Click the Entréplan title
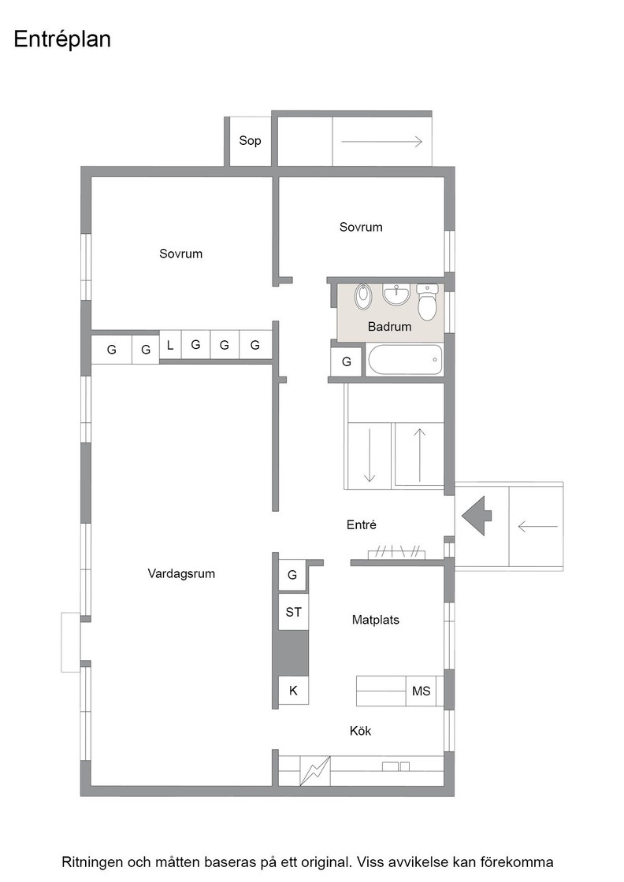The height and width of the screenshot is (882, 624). [62, 39]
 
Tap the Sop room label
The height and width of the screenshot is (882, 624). [250, 141]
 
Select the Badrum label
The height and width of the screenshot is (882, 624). [389, 326]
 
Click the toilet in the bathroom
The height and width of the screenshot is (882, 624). [427, 302]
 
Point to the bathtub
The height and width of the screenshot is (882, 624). [404, 360]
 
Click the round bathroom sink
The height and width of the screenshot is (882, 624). [396, 295]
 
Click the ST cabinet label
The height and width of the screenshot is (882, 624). [293, 612]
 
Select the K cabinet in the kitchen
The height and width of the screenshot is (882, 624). [293, 690]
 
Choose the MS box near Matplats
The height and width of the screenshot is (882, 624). [421, 691]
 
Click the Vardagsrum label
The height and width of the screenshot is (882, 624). [181, 574]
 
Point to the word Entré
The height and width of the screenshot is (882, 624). [361, 524]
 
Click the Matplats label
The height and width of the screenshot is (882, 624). [375, 620]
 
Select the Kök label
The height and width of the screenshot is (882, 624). [361, 731]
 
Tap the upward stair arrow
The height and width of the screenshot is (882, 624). [420, 456]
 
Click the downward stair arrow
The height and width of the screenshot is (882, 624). [369, 456]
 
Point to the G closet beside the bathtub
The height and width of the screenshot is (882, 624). [347, 361]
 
